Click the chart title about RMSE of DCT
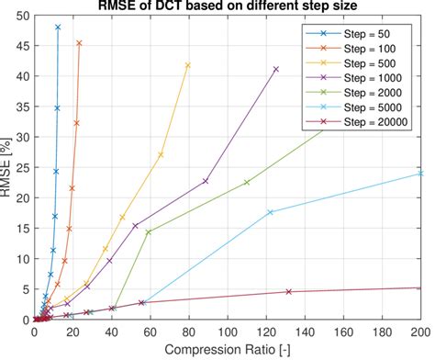(x=227, y=6)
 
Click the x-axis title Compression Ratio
(x=227, y=350)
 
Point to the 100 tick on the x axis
(x=228, y=332)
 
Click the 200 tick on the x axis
(x=420, y=332)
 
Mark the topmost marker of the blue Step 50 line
(x=58, y=28)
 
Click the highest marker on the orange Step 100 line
(x=79, y=43)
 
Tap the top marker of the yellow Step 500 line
(x=188, y=65)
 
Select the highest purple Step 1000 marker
(x=276, y=70)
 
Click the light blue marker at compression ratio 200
(x=420, y=173)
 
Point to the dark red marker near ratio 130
(x=288, y=291)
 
